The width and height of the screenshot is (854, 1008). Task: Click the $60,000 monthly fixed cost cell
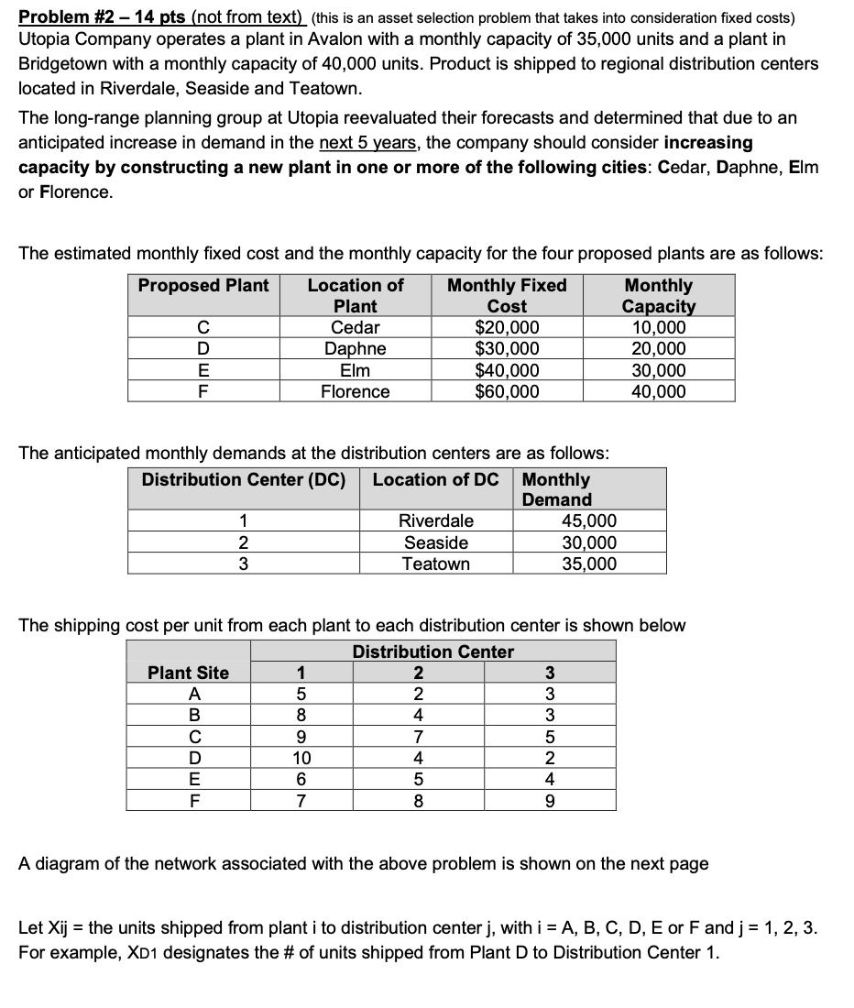click(507, 391)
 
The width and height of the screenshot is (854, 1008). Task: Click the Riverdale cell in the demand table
click(436, 520)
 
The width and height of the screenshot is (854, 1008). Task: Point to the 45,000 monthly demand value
click(589, 520)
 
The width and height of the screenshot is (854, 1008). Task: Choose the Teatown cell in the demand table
click(436, 564)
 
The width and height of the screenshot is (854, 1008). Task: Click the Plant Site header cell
click(189, 673)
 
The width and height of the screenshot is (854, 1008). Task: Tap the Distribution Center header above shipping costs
click(433, 652)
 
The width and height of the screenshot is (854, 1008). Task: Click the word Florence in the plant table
click(355, 391)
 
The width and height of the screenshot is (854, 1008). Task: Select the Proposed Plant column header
click(203, 285)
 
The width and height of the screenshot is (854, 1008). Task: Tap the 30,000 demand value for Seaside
click(589, 542)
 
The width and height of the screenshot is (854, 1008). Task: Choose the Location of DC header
click(436, 479)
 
